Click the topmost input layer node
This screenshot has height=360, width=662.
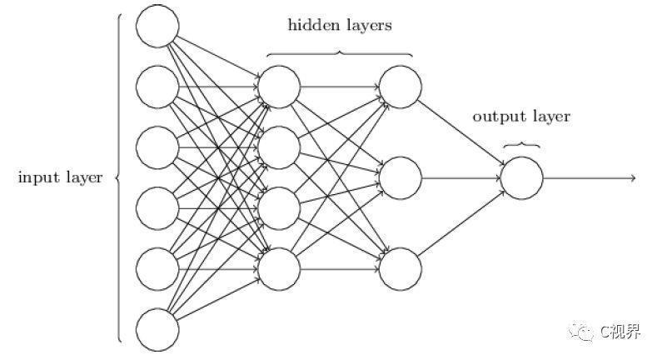tap(157, 26)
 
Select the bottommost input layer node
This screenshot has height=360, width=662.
tap(157, 330)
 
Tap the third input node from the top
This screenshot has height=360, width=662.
tap(157, 147)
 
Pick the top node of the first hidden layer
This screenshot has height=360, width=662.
tap(279, 87)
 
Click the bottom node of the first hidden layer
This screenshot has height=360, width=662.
tap(279, 269)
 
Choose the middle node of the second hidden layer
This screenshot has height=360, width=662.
tap(401, 177)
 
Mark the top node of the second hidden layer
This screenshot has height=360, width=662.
tap(401, 87)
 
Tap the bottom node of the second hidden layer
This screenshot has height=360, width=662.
tap(401, 269)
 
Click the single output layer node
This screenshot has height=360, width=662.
tap(522, 177)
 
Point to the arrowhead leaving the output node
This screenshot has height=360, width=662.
tap(634, 177)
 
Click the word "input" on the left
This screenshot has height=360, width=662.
tap(38, 177)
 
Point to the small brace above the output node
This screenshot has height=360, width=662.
tap(522, 144)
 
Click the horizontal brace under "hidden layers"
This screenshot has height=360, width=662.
tap(340, 53)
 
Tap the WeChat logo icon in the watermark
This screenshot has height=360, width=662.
tap(581, 332)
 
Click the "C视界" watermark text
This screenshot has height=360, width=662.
tap(620, 332)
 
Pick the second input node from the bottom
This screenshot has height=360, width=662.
tap(157, 269)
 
